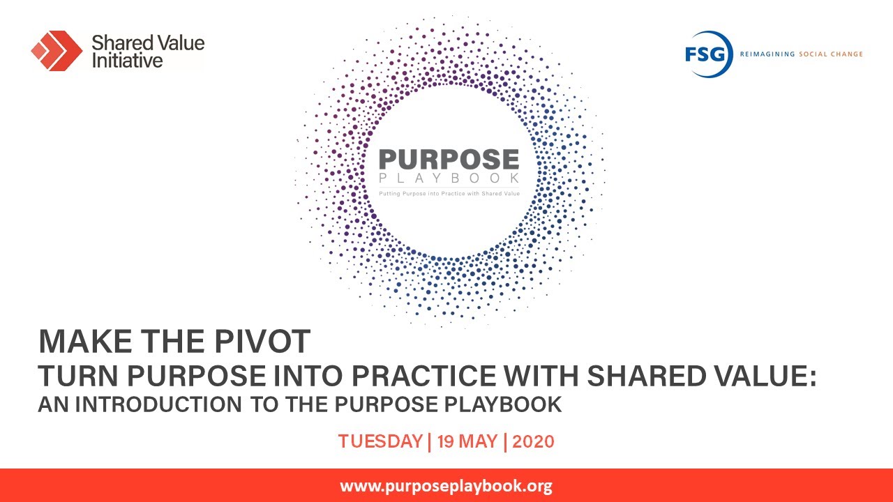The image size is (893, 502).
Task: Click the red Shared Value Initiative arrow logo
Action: pos(57,50)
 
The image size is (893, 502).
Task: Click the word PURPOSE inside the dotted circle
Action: pos(449,159)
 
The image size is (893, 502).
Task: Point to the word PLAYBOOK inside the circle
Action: pos(449,179)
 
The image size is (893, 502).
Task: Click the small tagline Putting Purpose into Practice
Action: pos(449,193)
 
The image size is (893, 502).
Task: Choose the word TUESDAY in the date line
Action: pos(380,441)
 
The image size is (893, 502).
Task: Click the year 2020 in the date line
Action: pos(533,441)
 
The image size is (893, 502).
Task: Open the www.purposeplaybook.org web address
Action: pos(446,486)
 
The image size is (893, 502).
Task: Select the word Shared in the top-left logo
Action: pos(117,43)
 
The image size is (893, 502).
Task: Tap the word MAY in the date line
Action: pos(480,441)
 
